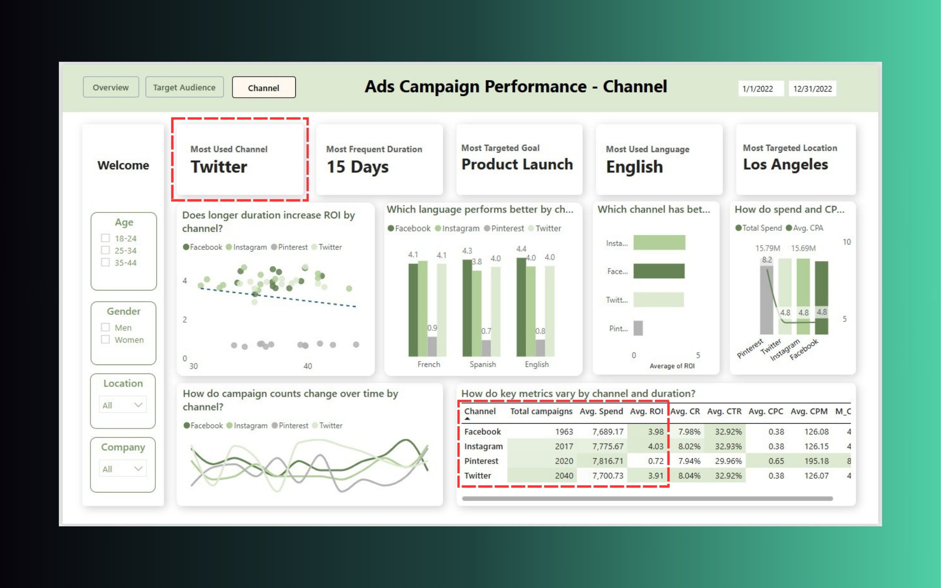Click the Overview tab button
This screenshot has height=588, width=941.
111,87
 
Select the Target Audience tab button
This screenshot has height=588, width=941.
184,87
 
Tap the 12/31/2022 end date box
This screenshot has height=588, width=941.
812,89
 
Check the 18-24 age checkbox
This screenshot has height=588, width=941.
105,238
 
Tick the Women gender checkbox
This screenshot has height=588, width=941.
105,340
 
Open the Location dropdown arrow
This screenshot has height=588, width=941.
138,405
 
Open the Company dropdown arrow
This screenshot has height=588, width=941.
138,469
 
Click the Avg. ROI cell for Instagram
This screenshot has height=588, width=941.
656,446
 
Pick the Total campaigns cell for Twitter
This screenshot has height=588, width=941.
564,475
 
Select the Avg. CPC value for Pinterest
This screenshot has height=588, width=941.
776,461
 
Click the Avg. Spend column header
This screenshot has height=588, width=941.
601,411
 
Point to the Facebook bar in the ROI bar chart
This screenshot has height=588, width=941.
659,271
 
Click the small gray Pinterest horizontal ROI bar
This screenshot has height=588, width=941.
638,328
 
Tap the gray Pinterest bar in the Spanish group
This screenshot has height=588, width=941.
486,348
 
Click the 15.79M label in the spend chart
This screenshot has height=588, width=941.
767,248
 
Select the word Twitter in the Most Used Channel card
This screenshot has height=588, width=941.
219,167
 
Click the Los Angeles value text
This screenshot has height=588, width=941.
786,165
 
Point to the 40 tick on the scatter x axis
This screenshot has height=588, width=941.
308,366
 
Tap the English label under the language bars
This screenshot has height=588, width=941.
537,364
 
